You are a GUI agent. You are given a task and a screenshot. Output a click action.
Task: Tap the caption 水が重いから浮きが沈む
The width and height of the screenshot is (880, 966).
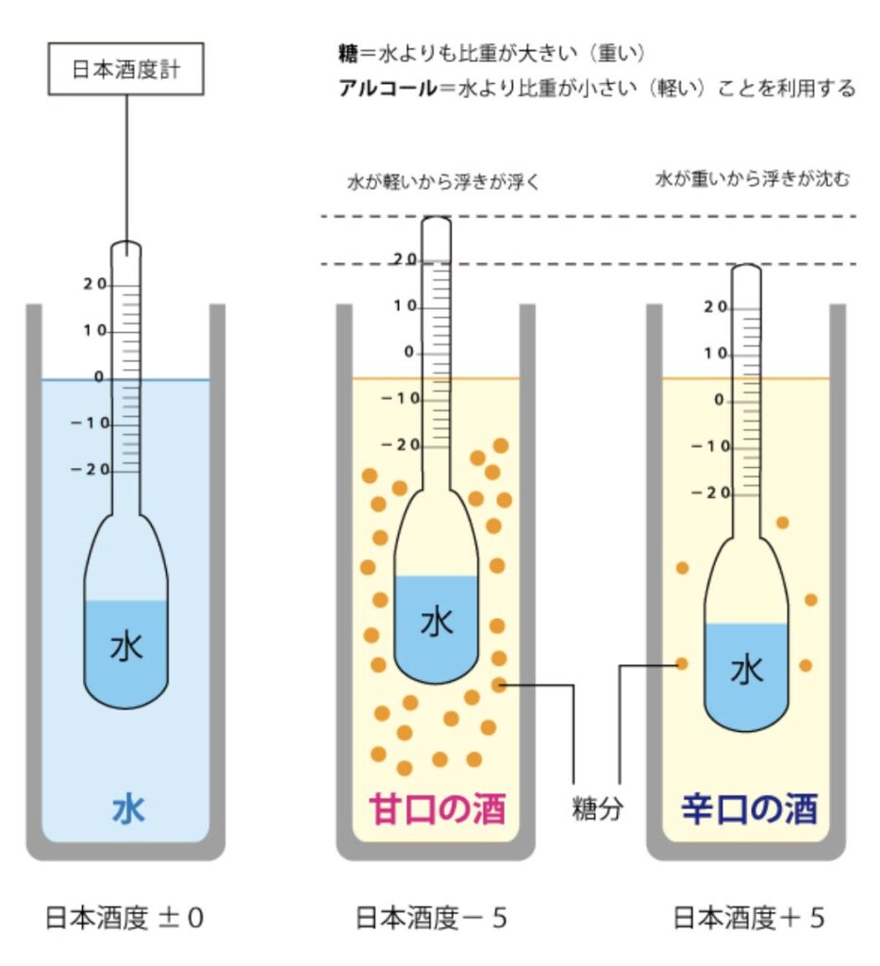coord(752,179)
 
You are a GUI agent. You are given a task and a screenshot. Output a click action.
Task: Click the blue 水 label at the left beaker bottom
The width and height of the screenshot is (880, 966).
coord(128,809)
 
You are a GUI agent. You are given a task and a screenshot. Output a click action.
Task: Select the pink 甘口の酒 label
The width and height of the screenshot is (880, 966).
coord(436,809)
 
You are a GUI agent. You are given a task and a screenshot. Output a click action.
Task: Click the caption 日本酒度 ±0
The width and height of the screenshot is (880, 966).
coord(125,918)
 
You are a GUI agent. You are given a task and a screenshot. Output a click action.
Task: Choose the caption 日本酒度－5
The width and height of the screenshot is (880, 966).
coord(431,918)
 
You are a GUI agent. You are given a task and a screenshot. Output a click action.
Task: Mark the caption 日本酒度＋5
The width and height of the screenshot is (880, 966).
coord(749,918)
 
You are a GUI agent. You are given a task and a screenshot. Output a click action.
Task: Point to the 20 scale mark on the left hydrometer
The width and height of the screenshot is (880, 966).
coord(94,285)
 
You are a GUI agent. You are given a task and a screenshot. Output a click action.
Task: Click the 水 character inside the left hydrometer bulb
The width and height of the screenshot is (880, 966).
coord(126,647)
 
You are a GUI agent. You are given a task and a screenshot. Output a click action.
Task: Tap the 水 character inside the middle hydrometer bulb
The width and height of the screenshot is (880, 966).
coord(436,623)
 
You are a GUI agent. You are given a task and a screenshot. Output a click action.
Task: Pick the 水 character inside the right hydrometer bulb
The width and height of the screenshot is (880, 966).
coord(747,670)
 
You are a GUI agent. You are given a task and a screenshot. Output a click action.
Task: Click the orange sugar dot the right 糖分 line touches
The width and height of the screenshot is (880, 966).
coord(682,664)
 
